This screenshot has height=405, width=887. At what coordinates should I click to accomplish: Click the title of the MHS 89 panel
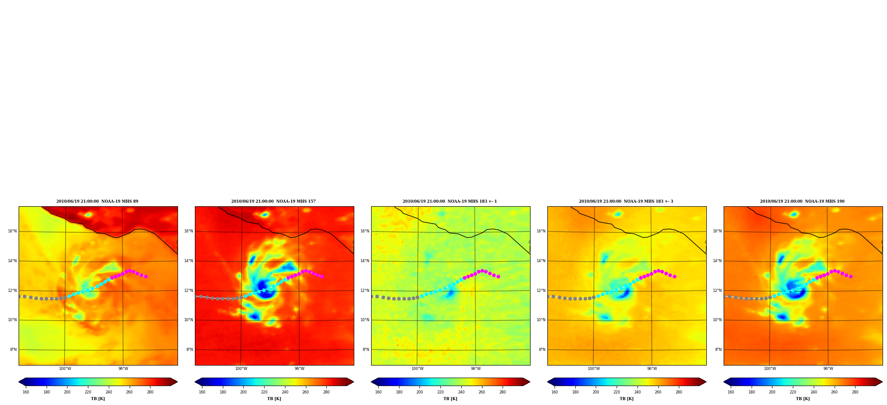pyautogui.click(x=97, y=201)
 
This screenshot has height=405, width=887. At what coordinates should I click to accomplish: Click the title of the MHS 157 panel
pyautogui.click(x=273, y=201)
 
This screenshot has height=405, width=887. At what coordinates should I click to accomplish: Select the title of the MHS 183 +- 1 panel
pyautogui.click(x=450, y=201)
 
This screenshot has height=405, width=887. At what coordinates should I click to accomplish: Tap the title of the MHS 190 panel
pyautogui.click(x=802, y=201)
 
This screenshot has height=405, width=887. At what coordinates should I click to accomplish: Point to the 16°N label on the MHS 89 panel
pyautogui.click(x=12, y=231)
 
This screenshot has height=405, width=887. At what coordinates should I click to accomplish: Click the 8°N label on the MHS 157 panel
pyautogui.click(x=189, y=350)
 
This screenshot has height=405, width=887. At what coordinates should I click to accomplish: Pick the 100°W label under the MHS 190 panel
pyautogui.click(x=770, y=369)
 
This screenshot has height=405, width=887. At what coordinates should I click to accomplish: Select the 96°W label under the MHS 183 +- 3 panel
pyautogui.click(x=652, y=369)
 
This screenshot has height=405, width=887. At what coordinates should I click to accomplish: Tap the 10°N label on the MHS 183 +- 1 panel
pyautogui.click(x=364, y=320)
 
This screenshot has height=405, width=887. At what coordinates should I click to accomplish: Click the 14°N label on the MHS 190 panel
pyautogui.click(x=717, y=261)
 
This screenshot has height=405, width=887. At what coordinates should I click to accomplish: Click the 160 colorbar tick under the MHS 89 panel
pyautogui.click(x=26, y=392)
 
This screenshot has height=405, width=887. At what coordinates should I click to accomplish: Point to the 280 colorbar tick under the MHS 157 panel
pyautogui.click(x=326, y=392)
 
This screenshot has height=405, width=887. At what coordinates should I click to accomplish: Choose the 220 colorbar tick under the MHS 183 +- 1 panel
pyautogui.click(x=440, y=392)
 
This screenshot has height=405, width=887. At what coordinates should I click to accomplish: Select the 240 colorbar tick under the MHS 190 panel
pyautogui.click(x=814, y=392)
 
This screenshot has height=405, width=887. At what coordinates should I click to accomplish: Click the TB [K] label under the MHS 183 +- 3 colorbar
pyautogui.click(x=626, y=399)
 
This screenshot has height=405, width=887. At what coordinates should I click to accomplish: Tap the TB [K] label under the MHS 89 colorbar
pyautogui.click(x=98, y=399)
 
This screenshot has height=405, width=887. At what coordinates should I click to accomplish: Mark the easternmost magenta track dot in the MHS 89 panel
pyautogui.click(x=146, y=276)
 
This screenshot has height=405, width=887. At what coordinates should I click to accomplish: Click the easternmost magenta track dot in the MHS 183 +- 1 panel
pyautogui.click(x=498, y=276)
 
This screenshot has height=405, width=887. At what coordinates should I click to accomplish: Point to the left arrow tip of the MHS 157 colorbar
pyautogui.click(x=195, y=381)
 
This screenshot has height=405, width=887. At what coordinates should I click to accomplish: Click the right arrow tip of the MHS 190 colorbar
pyautogui.click(x=882, y=381)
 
